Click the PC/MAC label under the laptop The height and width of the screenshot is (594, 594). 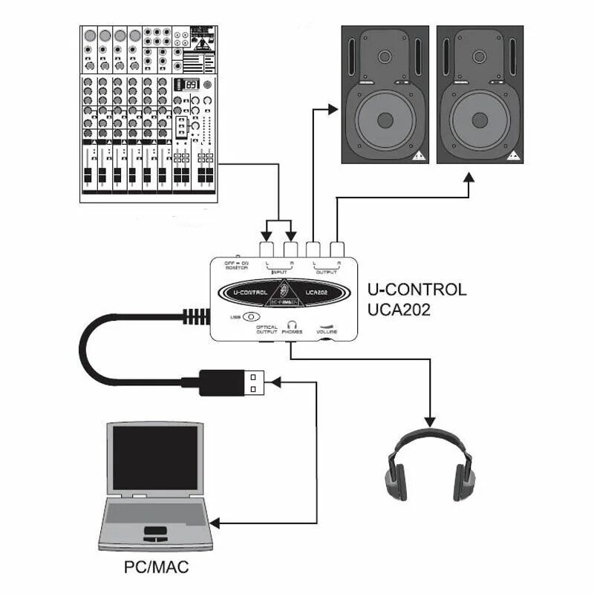click(x=157, y=568)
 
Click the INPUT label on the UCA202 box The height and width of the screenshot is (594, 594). click(x=278, y=272)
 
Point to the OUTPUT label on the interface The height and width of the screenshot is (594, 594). click(x=326, y=272)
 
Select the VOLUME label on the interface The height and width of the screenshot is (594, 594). click(x=327, y=332)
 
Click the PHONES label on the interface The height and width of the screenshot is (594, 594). click(x=292, y=332)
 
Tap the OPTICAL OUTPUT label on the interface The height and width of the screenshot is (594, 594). click(x=267, y=330)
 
